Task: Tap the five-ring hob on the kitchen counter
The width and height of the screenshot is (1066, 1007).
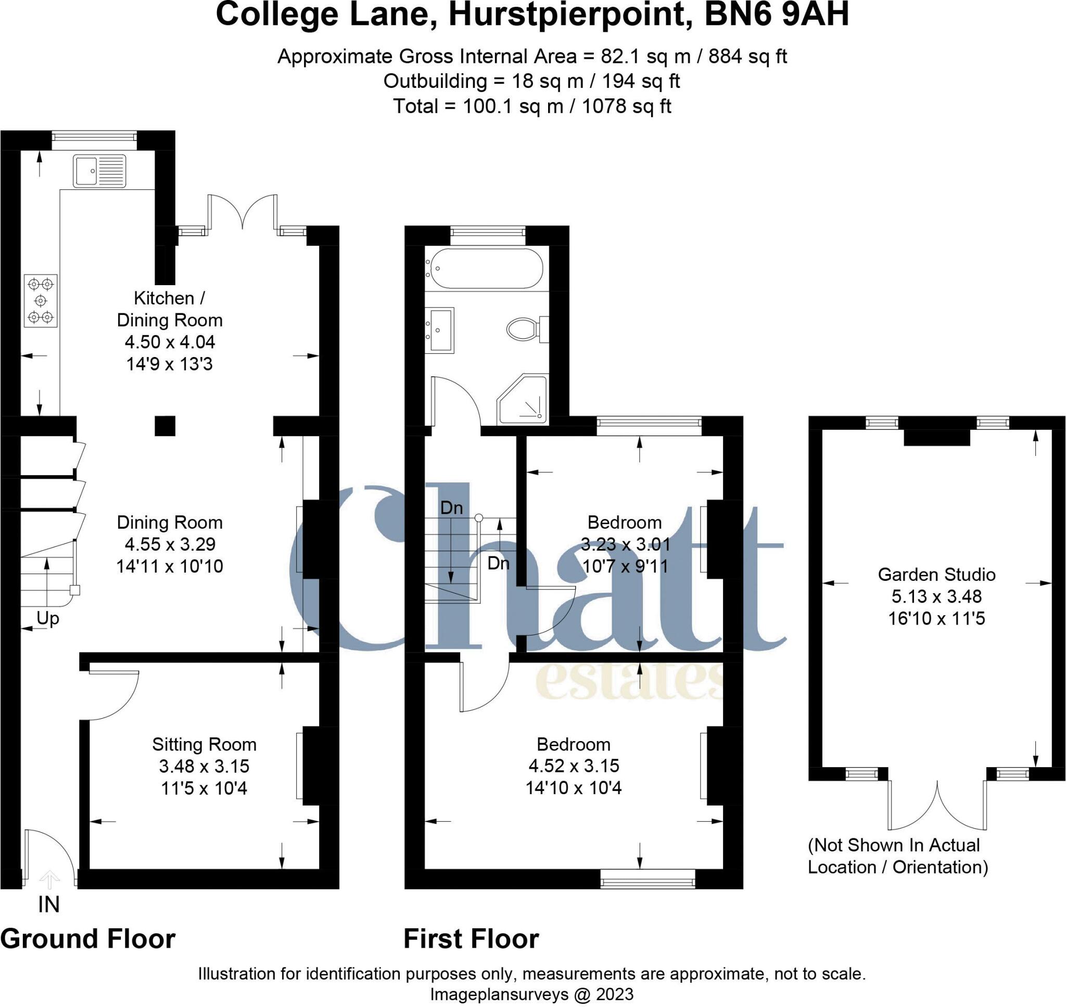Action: (x=41, y=300)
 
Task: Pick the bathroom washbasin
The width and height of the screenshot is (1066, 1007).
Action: (x=441, y=329)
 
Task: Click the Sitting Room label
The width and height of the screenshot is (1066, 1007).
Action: (x=204, y=744)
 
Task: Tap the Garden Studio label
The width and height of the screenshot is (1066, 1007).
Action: (x=936, y=575)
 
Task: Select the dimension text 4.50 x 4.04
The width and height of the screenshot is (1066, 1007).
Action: (x=170, y=341)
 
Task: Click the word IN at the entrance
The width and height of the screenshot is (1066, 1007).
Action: (x=48, y=904)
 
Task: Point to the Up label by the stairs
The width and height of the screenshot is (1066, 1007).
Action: (x=47, y=618)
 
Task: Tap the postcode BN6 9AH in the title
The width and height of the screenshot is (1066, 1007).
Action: (x=776, y=15)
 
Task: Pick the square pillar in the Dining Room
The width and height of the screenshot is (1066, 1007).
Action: (x=165, y=425)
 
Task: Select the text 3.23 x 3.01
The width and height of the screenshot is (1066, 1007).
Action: (x=625, y=544)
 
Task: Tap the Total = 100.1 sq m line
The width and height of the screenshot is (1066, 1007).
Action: (x=531, y=106)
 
